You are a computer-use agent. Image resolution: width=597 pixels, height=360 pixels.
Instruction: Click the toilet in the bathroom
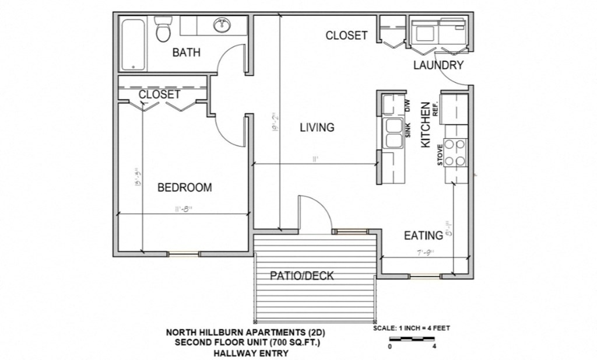(x=163, y=30)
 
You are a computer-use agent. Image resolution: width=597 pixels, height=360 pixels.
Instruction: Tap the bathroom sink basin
(x=222, y=25)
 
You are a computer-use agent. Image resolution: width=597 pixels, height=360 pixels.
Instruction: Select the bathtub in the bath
(x=133, y=44)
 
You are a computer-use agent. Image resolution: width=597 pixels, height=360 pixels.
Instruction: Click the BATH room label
(x=186, y=53)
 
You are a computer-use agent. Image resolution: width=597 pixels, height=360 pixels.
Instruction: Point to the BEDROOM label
(x=184, y=187)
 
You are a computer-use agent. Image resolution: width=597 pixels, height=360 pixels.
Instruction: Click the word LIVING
(x=317, y=127)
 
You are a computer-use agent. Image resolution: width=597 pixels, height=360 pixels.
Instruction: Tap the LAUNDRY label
(x=438, y=65)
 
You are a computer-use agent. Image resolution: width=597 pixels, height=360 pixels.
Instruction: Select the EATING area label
(x=423, y=236)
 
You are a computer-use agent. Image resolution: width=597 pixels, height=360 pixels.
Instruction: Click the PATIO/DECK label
(x=302, y=275)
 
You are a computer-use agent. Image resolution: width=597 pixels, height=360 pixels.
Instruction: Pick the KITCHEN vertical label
(x=426, y=124)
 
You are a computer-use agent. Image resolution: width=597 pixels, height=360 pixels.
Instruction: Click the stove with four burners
(x=455, y=153)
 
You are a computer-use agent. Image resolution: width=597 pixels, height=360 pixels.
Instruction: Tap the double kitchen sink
(x=393, y=134)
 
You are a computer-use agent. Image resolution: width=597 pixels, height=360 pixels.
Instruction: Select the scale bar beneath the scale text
(x=412, y=338)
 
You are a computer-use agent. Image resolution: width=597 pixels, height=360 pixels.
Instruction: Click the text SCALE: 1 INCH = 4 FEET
(x=411, y=328)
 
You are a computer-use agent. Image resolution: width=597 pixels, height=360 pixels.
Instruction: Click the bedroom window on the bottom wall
(x=184, y=254)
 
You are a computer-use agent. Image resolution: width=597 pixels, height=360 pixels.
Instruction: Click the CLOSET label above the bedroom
(x=159, y=94)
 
